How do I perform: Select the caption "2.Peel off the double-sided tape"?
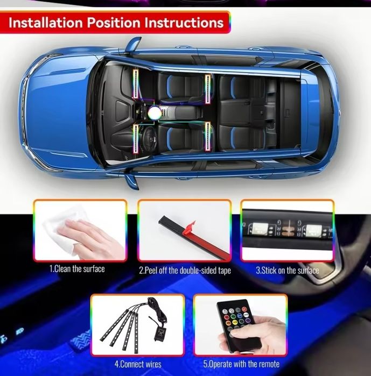185,270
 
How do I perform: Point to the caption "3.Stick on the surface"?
287,270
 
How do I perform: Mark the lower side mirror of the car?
131,180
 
